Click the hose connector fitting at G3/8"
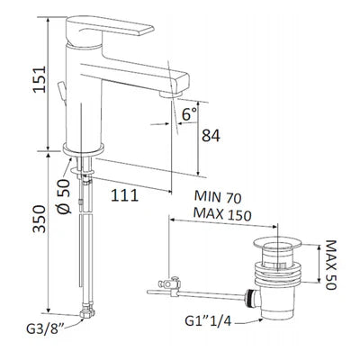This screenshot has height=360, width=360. [x=86, y=314]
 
